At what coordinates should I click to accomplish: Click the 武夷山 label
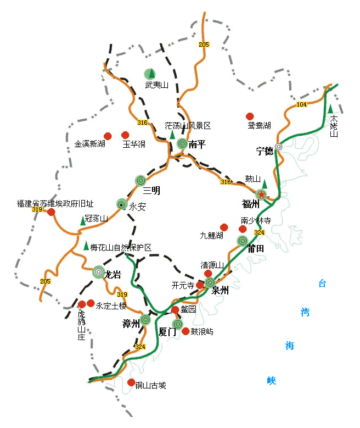(156, 85)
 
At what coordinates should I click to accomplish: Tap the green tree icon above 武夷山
(150, 73)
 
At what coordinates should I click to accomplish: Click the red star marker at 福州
(262, 194)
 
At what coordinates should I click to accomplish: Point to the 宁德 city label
(265, 151)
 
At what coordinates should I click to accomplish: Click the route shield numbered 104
(301, 104)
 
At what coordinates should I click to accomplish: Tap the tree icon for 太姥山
(331, 108)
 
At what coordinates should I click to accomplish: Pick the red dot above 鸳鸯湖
(250, 116)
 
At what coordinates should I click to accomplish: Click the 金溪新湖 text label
(89, 144)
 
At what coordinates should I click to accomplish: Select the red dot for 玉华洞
(125, 135)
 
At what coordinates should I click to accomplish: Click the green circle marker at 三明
(140, 180)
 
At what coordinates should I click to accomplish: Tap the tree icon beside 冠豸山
(82, 220)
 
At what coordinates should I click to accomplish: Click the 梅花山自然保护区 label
(120, 248)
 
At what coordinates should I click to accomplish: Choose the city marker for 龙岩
(98, 271)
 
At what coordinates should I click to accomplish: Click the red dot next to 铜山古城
(131, 382)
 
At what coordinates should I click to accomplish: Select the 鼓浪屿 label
(202, 332)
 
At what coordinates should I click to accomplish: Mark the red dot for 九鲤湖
(224, 227)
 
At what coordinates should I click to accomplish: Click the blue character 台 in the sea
(322, 284)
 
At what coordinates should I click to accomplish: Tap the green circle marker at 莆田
(243, 241)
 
